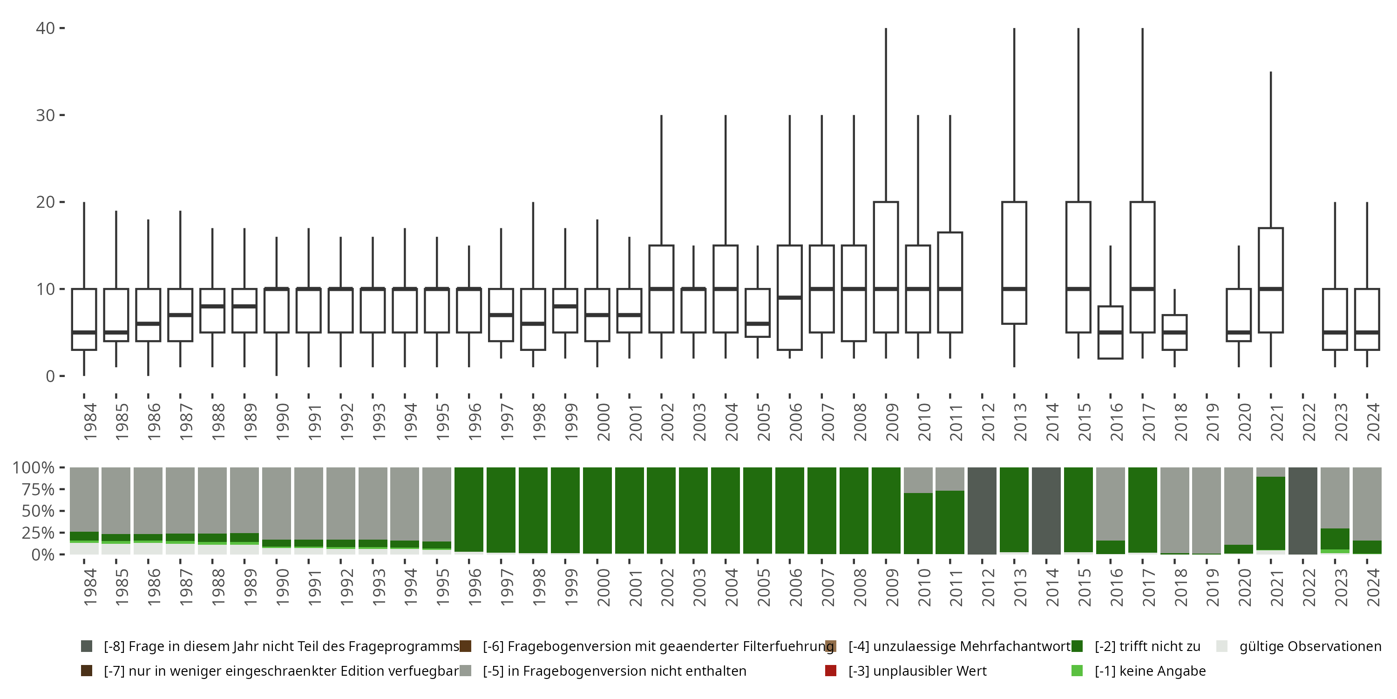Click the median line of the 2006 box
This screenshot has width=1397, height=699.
click(x=790, y=297)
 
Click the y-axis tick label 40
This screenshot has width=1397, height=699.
click(x=46, y=28)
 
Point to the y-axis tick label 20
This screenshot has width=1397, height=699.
click(x=46, y=202)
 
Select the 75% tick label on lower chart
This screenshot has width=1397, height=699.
click(x=34, y=489)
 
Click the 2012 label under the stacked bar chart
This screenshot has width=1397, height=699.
click(x=988, y=588)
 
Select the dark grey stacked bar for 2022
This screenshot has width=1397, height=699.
click(x=1302, y=510)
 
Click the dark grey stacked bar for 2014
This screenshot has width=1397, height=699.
click(x=1046, y=510)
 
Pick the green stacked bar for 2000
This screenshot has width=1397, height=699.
click(x=597, y=510)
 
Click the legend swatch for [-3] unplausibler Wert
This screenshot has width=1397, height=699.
click(x=830, y=671)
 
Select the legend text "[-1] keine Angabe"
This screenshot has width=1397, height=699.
click(x=1150, y=671)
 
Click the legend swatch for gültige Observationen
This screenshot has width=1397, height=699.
click(x=1222, y=646)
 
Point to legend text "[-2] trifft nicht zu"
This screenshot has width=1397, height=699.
click(x=1147, y=646)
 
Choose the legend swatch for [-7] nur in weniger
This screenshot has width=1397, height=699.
click(x=86, y=671)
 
